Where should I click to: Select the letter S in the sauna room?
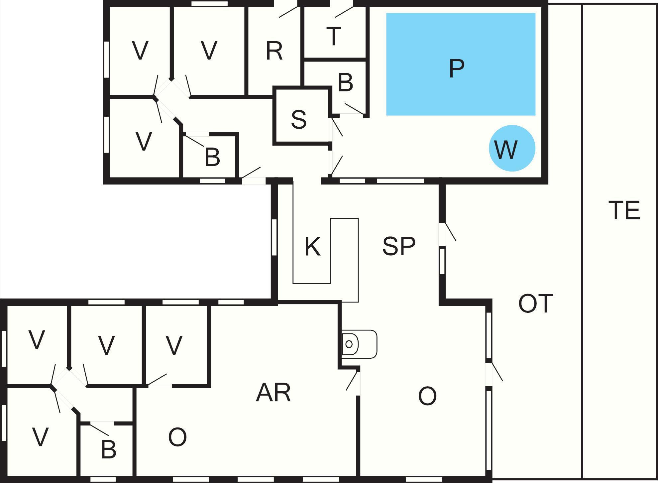click(x=298, y=119)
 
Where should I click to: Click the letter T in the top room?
click(x=334, y=36)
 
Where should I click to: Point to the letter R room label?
click(x=274, y=51)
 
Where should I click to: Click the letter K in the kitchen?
click(x=312, y=247)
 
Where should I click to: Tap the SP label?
click(x=399, y=246)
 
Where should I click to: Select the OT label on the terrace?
click(x=536, y=303)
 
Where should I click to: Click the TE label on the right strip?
click(x=624, y=210)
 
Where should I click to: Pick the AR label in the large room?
click(x=273, y=393)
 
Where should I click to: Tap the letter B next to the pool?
click(x=345, y=82)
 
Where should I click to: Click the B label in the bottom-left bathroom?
click(x=109, y=449)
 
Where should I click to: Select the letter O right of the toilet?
click(x=427, y=396)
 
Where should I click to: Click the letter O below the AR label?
click(x=177, y=437)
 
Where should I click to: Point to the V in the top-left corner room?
click(x=140, y=51)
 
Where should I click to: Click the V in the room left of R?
click(x=209, y=51)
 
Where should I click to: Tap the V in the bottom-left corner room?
click(x=40, y=437)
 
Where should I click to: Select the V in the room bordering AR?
click(x=174, y=345)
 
